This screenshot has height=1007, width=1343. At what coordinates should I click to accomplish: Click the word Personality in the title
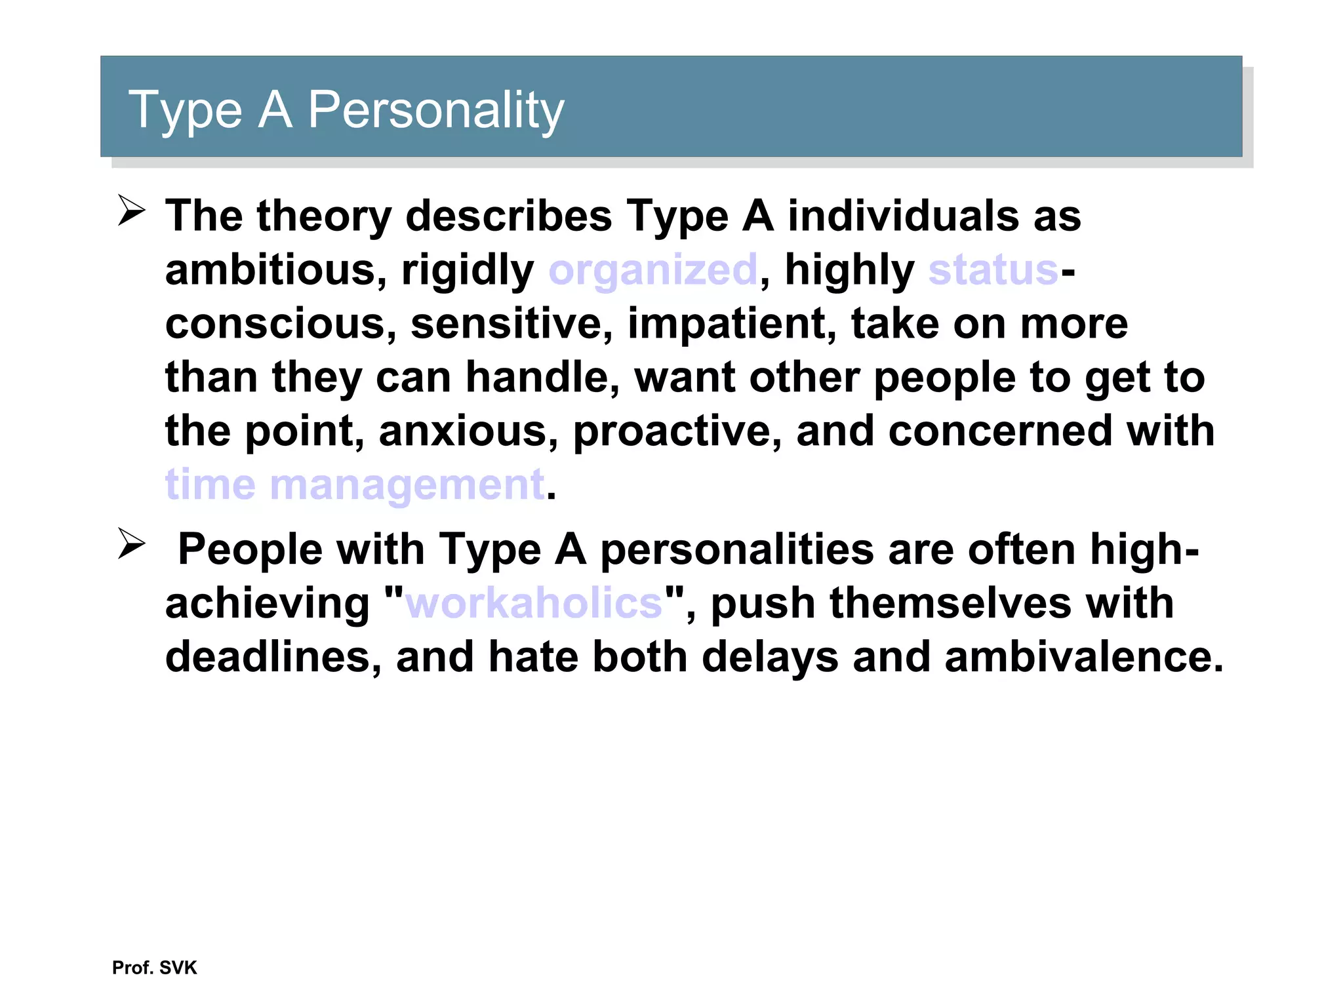coord(435,110)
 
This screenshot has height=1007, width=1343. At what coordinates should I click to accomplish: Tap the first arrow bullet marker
coord(131,211)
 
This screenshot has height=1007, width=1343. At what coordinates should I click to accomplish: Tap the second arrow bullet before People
coord(131,544)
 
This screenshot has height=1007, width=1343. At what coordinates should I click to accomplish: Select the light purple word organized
coord(653,270)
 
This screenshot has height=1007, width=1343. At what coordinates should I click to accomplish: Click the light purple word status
coord(993,270)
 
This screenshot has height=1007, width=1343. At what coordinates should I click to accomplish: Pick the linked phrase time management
coord(354,485)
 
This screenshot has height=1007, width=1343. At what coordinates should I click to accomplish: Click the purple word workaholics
coord(534,603)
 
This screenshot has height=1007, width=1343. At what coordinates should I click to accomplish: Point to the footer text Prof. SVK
coord(154,968)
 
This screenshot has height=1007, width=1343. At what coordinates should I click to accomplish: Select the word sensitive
coord(511,324)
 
